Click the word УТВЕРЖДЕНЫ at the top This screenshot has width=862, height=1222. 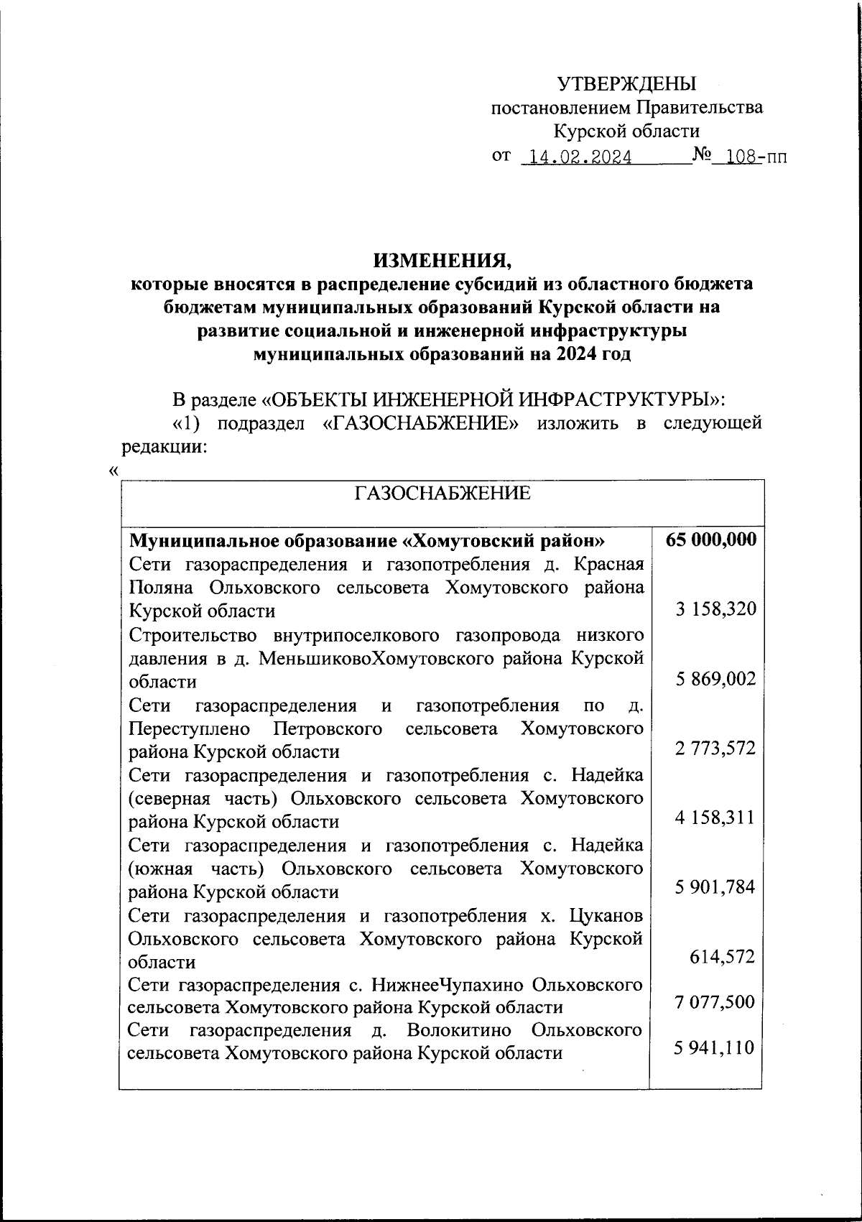(x=627, y=84)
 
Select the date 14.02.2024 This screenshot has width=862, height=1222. (x=578, y=157)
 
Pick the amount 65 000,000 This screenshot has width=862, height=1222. (x=710, y=540)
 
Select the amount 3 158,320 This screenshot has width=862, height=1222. (x=715, y=610)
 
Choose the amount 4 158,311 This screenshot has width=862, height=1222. (x=715, y=818)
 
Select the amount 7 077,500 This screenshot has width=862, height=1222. (x=715, y=1001)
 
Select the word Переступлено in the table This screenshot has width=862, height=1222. (x=190, y=729)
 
